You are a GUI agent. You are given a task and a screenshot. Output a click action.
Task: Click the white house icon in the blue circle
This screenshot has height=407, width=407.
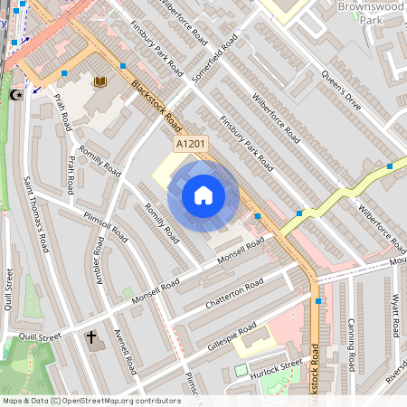(x=203, y=195)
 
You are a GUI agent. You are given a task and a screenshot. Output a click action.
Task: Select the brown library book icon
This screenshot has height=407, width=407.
(x=99, y=82)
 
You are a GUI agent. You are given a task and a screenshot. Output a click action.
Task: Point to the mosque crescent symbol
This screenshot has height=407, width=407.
(x=14, y=93)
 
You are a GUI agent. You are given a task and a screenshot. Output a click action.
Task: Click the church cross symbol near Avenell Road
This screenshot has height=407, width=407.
(x=90, y=338)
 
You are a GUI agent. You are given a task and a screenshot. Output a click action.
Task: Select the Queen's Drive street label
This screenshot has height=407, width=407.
(x=341, y=91)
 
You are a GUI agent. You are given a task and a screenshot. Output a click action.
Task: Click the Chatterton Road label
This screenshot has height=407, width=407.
(x=233, y=294)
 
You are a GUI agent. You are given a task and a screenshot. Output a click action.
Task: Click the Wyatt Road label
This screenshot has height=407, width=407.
(x=394, y=316)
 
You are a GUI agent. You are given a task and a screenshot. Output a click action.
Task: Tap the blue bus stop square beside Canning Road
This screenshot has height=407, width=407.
(x=318, y=300)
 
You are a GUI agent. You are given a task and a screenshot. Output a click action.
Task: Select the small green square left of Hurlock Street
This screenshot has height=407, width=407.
(x=240, y=370)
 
